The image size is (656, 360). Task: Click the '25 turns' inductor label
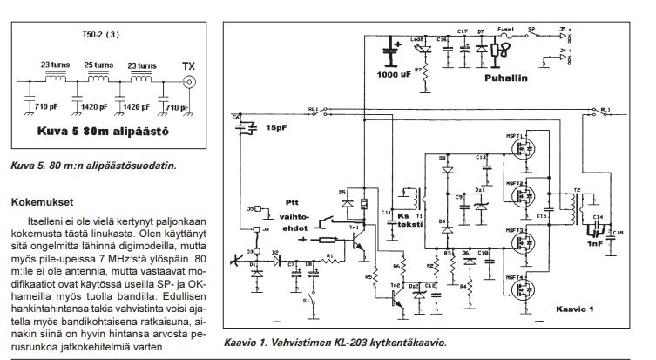[97, 65]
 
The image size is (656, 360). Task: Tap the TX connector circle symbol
[188, 85]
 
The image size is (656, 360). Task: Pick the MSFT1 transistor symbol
[525, 150]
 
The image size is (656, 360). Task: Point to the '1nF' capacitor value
[592, 245]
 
